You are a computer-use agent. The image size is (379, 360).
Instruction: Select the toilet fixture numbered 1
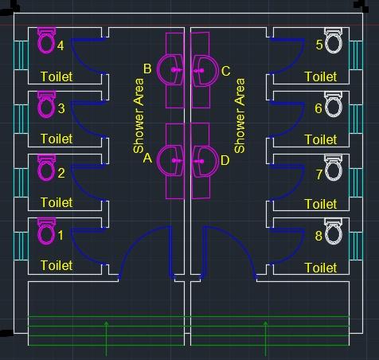(x=46, y=236)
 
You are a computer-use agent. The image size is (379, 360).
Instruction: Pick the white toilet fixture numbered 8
(x=334, y=236)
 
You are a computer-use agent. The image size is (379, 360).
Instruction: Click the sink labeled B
(x=172, y=70)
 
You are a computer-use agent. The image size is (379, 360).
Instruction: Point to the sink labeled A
(x=172, y=160)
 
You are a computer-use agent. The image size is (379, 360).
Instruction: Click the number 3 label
(x=61, y=108)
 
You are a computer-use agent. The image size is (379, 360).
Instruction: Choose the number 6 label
(x=318, y=108)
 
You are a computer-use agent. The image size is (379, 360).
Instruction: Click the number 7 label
(x=318, y=173)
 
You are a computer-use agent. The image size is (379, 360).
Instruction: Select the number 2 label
(x=61, y=173)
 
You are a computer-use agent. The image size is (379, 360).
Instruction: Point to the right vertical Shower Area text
(x=239, y=116)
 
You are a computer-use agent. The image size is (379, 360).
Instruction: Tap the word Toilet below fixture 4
(x=57, y=76)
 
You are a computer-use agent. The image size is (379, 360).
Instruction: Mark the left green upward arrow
(x=107, y=335)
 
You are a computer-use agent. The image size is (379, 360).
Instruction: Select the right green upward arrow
(x=266, y=335)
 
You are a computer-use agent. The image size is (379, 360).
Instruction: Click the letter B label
(x=147, y=69)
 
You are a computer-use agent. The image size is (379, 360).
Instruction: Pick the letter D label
(x=225, y=160)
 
